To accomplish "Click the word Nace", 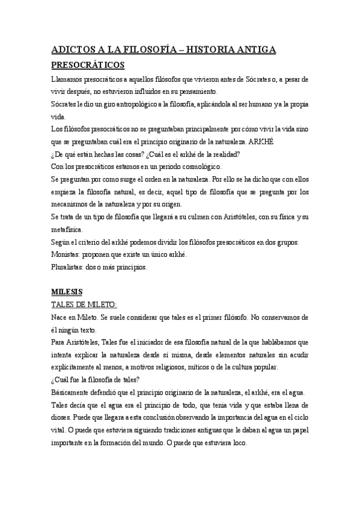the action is (x=60, y=318).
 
